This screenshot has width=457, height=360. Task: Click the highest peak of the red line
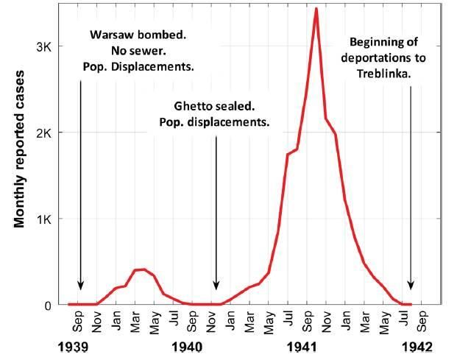[x=316, y=9]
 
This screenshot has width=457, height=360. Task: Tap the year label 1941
[x=302, y=346]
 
